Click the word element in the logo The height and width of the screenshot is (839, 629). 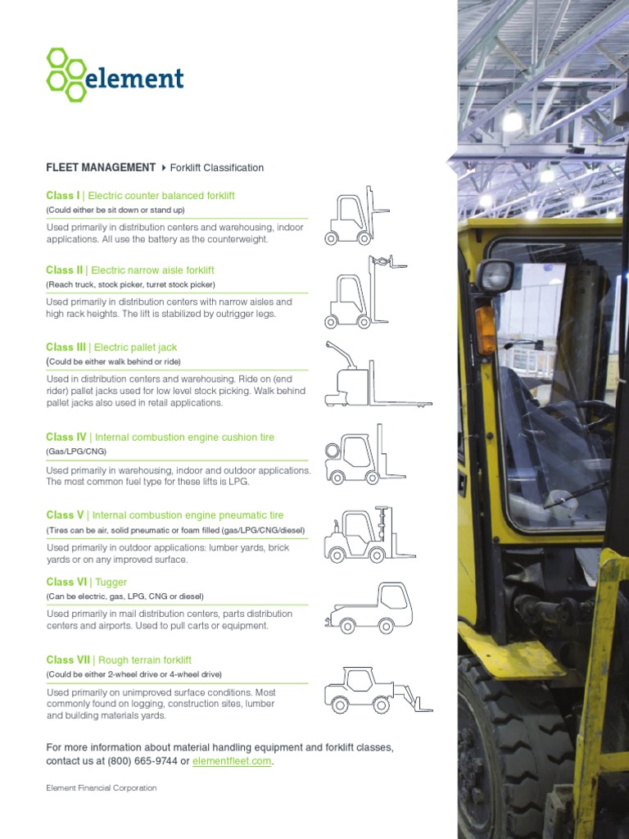click(135, 79)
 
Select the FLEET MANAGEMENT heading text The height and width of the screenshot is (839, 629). click(101, 167)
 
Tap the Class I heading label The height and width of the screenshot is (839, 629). click(63, 196)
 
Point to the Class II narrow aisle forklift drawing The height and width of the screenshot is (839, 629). click(360, 293)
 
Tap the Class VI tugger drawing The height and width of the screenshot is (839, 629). click(369, 608)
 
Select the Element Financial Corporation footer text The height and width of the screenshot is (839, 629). click(101, 788)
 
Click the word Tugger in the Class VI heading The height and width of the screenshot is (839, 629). click(111, 583)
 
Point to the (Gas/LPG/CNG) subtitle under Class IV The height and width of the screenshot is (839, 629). click(76, 451)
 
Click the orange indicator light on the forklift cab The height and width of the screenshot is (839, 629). click(486, 330)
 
